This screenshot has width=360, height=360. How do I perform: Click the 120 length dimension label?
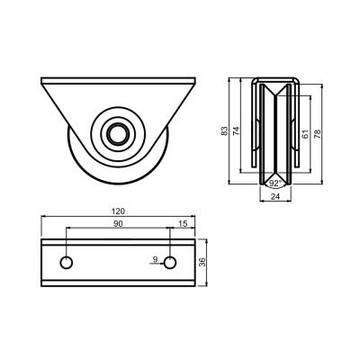point(118,211)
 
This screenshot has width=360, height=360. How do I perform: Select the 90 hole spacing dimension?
point(118,224)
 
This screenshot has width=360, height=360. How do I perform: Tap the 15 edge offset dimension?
point(183,223)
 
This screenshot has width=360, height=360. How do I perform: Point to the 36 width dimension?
point(203,262)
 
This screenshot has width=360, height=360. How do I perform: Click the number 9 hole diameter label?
point(155,259)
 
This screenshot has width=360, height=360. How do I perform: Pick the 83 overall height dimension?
point(224,130)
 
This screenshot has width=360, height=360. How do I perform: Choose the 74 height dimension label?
point(237,130)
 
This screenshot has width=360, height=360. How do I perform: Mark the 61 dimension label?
point(305,134)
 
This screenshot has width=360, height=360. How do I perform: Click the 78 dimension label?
point(317,133)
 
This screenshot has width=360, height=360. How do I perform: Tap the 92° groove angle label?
point(275,184)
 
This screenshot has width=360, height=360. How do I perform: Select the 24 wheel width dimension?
point(275,196)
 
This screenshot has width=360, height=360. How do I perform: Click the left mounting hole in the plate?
point(66,263)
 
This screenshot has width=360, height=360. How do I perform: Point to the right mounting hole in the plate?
point(170,263)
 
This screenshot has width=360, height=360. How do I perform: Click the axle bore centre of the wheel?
point(118,134)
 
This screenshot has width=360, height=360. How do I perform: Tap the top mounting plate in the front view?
point(118,81)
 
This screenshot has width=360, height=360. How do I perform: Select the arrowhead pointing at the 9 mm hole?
point(161,264)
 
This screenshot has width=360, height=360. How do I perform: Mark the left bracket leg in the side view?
point(254,123)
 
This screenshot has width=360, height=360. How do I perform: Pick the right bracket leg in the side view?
point(297,123)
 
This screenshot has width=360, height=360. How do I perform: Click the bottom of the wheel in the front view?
point(118,184)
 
